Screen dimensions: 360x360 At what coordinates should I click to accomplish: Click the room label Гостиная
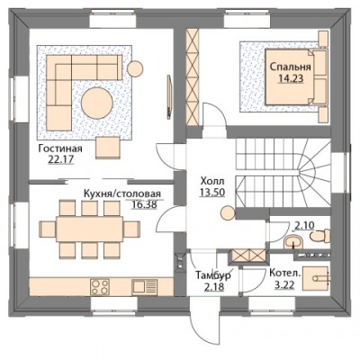[x=60, y=148]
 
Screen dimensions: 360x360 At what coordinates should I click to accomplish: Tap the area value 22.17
[x=60, y=159]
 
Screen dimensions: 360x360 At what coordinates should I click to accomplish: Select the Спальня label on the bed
[x=290, y=67]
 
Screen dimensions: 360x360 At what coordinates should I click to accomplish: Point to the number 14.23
[x=291, y=78]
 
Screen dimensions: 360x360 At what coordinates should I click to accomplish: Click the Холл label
[x=212, y=181]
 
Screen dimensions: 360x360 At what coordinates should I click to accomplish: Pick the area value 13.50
[x=212, y=193]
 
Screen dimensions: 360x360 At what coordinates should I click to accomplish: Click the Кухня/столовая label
[x=122, y=193]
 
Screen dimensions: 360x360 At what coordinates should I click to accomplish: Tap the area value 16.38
[x=145, y=204]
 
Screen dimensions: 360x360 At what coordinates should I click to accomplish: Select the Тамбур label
[x=213, y=275]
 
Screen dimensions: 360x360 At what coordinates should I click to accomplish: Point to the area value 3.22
[x=284, y=284]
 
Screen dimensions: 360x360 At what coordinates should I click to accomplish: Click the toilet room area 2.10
[x=304, y=226]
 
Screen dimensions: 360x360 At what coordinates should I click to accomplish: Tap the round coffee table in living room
[x=97, y=103]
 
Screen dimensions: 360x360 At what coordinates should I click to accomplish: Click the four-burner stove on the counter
[x=99, y=287]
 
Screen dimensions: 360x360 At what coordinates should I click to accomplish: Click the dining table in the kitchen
[x=89, y=229]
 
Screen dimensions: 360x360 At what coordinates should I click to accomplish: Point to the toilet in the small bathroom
[x=320, y=236]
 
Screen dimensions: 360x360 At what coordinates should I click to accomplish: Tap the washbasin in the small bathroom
[x=293, y=241]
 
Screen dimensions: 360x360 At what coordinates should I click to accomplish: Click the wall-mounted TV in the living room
[x=169, y=96]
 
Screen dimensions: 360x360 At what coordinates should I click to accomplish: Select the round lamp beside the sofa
[x=135, y=68]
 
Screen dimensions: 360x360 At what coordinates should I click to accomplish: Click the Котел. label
[x=284, y=274]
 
